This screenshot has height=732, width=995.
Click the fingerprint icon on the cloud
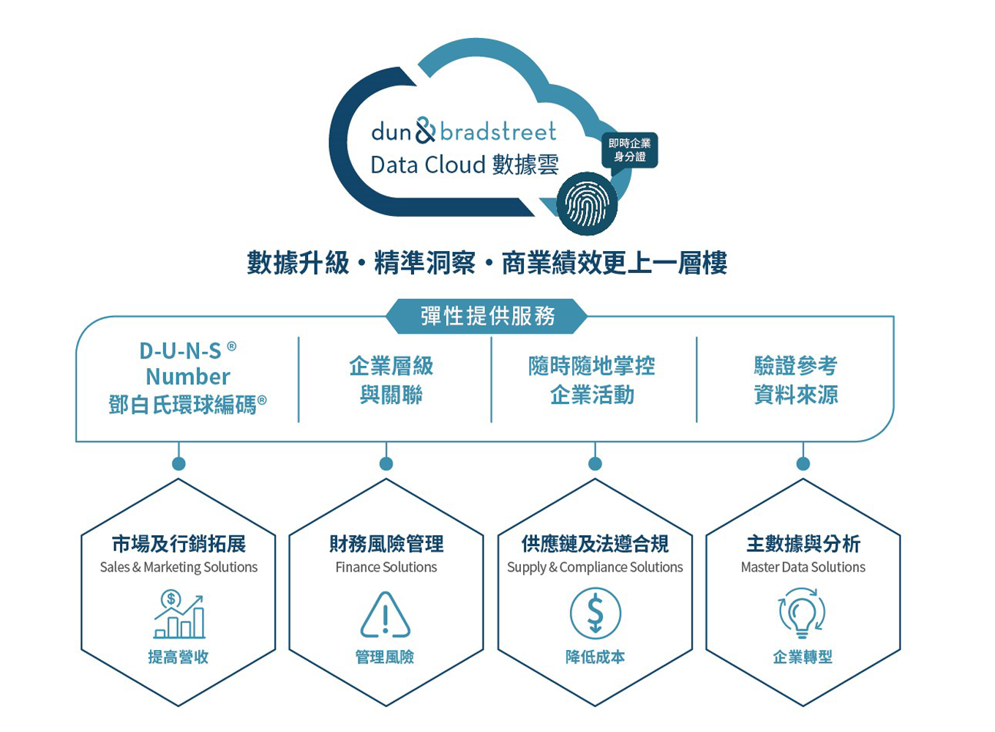click(x=587, y=204)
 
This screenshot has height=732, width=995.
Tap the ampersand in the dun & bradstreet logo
click(x=425, y=131)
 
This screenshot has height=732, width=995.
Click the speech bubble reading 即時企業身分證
click(x=629, y=150)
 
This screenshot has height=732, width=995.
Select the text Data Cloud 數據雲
click(x=464, y=165)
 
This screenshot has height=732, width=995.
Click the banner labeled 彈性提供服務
click(x=487, y=316)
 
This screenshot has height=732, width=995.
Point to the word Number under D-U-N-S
click(x=188, y=376)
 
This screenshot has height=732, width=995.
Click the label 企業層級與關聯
click(x=391, y=380)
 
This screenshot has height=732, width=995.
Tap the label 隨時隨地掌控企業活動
click(x=592, y=380)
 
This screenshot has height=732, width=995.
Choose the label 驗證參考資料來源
click(x=795, y=380)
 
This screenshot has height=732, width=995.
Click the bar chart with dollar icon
click(x=179, y=615)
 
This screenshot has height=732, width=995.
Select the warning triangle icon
click(x=386, y=615)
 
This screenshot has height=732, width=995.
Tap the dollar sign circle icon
click(x=595, y=614)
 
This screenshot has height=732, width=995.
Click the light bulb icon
click(x=802, y=614)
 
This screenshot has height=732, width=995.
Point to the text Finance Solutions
click(x=386, y=567)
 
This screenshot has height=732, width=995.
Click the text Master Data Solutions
click(x=803, y=567)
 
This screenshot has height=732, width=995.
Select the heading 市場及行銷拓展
click(x=179, y=544)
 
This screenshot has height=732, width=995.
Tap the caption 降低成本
click(x=595, y=657)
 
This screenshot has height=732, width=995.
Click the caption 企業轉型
click(x=803, y=657)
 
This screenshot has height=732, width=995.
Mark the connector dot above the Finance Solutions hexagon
click(x=386, y=463)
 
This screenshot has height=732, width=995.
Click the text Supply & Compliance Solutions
click(x=595, y=567)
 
